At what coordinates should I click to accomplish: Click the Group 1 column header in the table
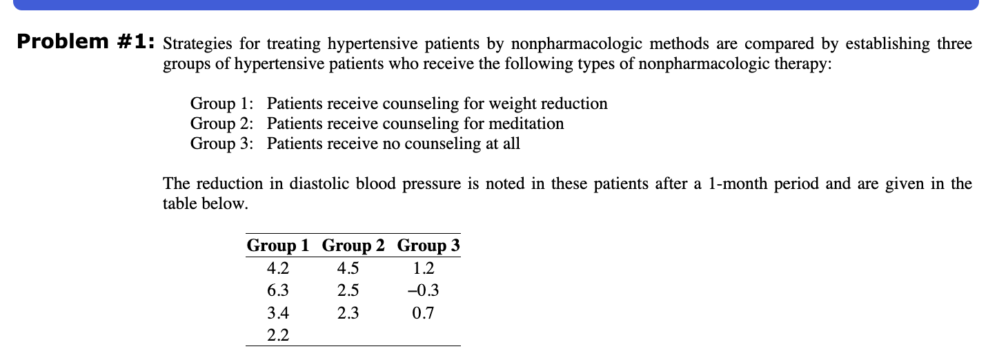(278, 246)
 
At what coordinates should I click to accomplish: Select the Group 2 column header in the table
(353, 246)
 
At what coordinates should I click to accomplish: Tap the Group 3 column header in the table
(428, 246)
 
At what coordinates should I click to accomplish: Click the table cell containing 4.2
(277, 268)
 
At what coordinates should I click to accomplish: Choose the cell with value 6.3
(277, 290)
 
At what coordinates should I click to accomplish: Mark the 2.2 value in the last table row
(277, 336)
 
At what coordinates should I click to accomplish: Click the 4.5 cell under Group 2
(348, 268)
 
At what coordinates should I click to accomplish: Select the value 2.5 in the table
(348, 290)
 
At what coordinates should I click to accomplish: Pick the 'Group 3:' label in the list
(221, 144)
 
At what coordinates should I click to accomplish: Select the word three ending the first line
(954, 45)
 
